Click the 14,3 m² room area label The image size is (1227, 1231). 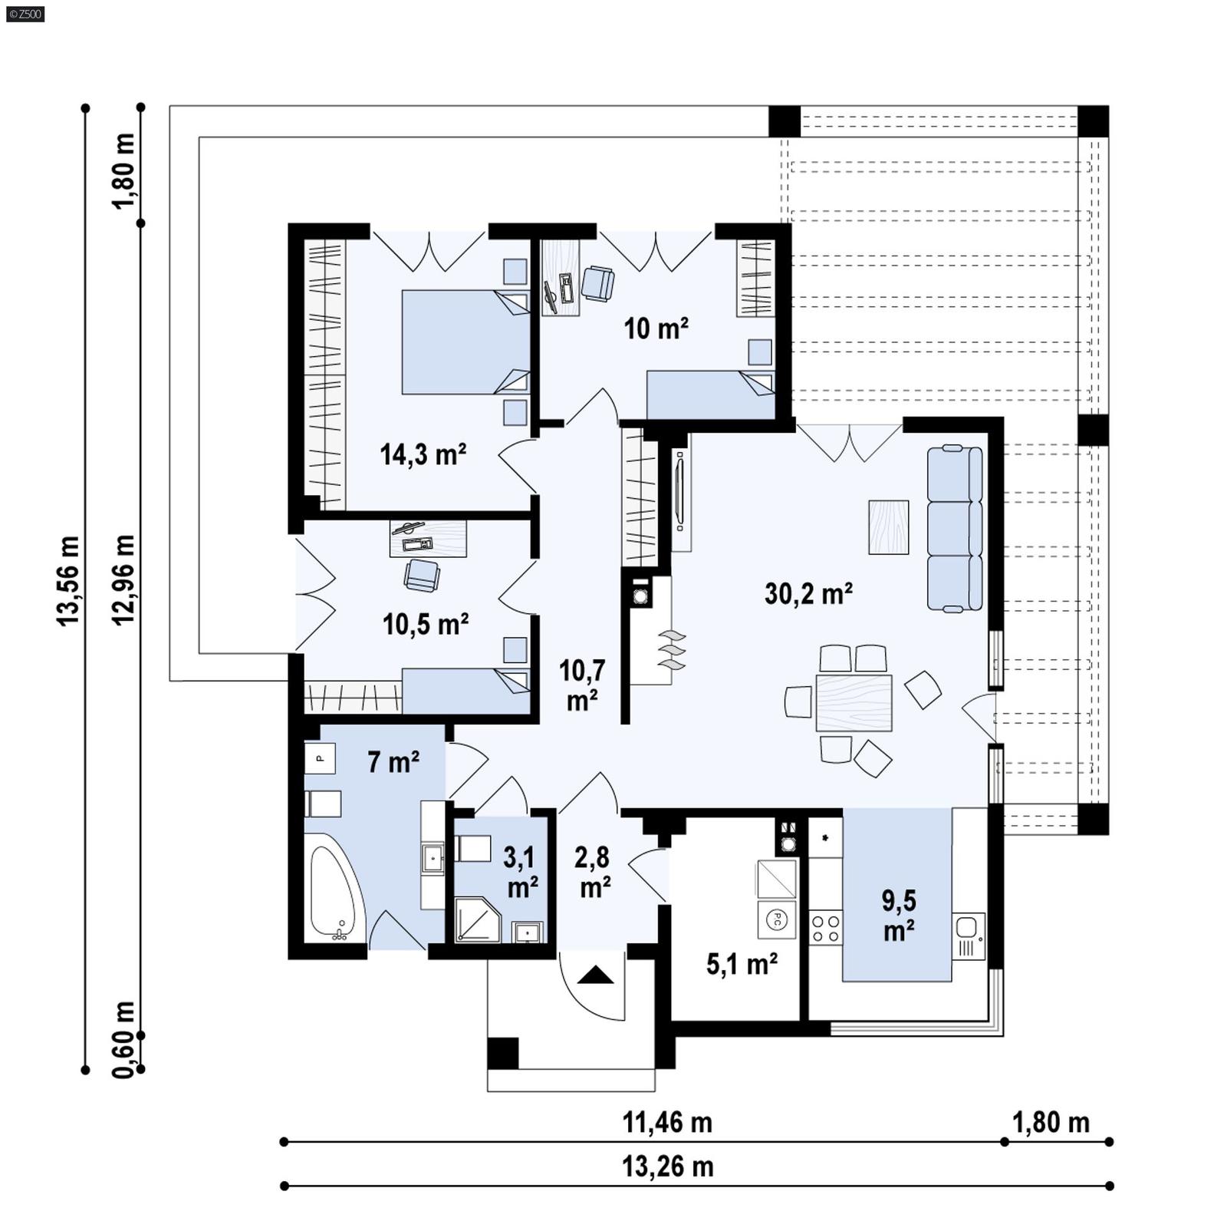tap(423, 454)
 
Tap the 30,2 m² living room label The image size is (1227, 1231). tap(808, 593)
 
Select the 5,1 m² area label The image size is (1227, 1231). tap(742, 964)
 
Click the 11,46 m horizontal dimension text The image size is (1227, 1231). tap(666, 1122)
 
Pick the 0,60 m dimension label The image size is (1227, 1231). tap(123, 1039)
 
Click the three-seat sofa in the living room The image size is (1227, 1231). tap(954, 529)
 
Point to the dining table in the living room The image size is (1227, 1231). tap(854, 702)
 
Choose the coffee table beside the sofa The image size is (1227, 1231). tap(888, 526)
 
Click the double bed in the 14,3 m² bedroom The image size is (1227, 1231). tap(465, 342)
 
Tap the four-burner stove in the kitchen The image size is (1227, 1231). tap(825, 928)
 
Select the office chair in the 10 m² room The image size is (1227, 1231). tap(597, 282)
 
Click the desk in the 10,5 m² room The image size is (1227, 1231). tap(427, 538)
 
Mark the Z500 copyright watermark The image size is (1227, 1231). tap(25, 14)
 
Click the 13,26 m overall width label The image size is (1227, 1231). tap(666, 1167)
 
